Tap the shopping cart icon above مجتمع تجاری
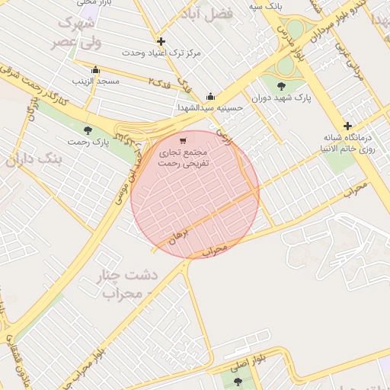pyautogui.click(x=182, y=141)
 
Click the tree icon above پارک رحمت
pyautogui.click(x=88, y=130)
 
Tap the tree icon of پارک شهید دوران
pyautogui.click(x=282, y=86)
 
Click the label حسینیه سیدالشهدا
pyautogui.click(x=209, y=108)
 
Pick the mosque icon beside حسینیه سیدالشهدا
pyautogui.click(x=211, y=97)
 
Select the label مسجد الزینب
pyautogui.click(x=93, y=79)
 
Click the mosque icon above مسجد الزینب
pyautogui.click(x=94, y=69)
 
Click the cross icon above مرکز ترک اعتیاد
pyautogui.click(x=161, y=41)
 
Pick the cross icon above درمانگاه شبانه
pyautogui.click(x=347, y=126)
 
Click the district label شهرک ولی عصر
pyautogui.click(x=76, y=32)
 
